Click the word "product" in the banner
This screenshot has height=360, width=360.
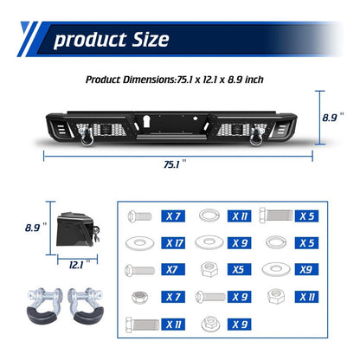[x=90, y=40]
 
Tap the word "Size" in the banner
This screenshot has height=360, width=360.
[x=151, y=39]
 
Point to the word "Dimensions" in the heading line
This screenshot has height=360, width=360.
[x=150, y=80]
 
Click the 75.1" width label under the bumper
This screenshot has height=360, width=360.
[x=175, y=164]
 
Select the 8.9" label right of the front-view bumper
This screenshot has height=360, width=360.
[x=333, y=118]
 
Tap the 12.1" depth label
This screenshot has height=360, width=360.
[x=80, y=265]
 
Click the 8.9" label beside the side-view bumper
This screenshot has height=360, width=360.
[x=35, y=228]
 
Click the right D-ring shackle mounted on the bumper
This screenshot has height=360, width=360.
[x=257, y=135]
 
